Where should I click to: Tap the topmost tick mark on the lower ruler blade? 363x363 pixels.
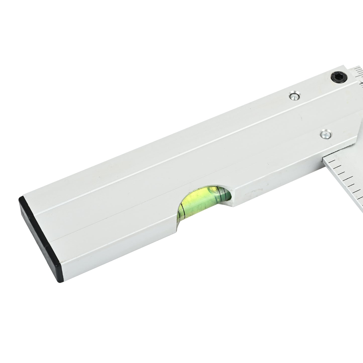pyautogui.click(x=334, y=160)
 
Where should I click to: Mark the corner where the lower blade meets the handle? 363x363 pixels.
pyautogui.click(x=323, y=158)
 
